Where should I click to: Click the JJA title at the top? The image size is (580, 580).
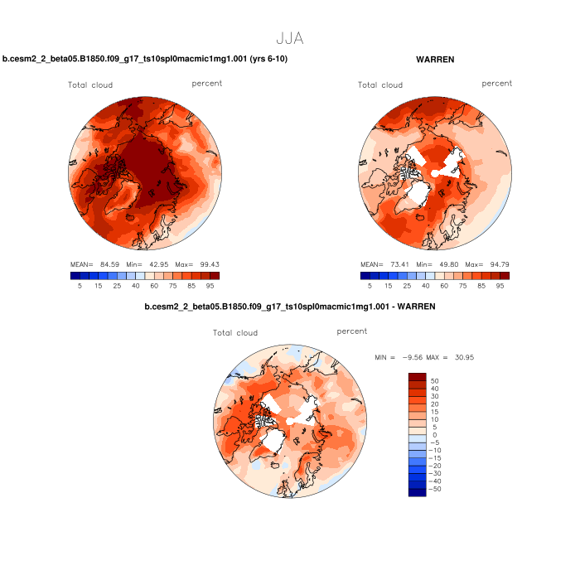click(x=290, y=38)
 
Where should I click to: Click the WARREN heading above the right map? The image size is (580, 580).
click(x=435, y=60)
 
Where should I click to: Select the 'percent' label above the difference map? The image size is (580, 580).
click(x=352, y=331)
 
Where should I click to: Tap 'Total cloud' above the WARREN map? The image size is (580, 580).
click(x=380, y=85)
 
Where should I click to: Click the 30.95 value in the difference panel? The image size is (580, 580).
click(x=462, y=357)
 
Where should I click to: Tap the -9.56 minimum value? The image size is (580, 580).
click(x=406, y=357)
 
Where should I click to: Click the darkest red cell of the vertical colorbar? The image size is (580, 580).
click(x=418, y=377)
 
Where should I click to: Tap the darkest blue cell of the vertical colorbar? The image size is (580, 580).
click(x=418, y=492)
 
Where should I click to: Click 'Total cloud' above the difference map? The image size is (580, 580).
click(x=235, y=333)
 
